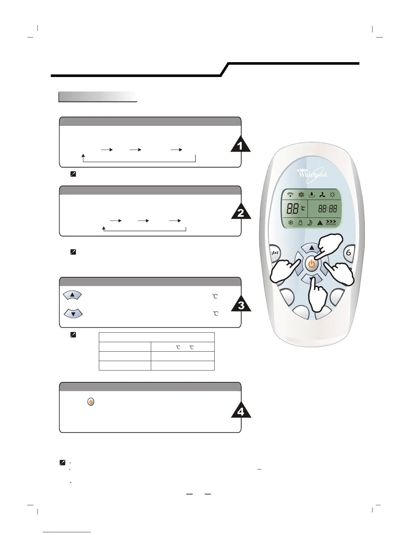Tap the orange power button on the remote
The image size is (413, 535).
[x=312, y=264]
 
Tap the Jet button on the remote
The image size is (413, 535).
[x=275, y=253]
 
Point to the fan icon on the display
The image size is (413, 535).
[x=322, y=195]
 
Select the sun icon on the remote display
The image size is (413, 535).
[x=333, y=195]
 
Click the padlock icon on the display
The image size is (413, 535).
[x=300, y=223]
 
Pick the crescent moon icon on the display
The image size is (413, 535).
[x=310, y=223]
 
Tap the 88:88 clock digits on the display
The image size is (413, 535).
[x=328, y=209]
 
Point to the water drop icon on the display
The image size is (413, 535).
[x=312, y=195]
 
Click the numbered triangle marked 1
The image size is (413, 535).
[x=240, y=145]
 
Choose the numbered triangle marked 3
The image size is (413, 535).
[x=241, y=305]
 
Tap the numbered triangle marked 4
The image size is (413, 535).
[x=241, y=411]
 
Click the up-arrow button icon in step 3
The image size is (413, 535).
[x=72, y=295]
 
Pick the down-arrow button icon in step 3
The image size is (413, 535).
[x=73, y=313]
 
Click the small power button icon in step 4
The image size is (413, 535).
[x=91, y=402]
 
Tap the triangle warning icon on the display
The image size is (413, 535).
[x=320, y=223]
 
